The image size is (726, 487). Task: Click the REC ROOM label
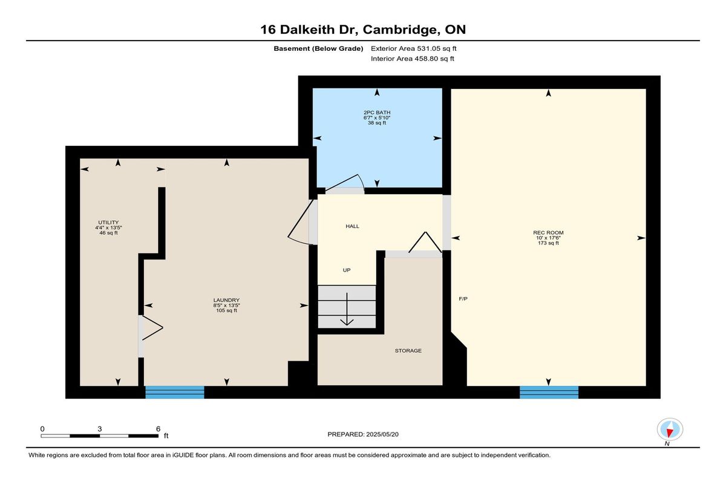coord(548,233)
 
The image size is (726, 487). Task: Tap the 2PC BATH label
coord(377,113)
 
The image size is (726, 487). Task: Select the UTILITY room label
coord(108,223)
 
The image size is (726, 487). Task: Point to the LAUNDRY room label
coord(226,300)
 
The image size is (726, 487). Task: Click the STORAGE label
coord(408,351)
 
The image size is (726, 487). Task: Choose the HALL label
coord(352,226)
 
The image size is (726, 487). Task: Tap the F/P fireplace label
coord(463,299)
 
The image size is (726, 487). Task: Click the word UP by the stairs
coord(347,270)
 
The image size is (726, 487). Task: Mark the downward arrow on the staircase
coord(347,309)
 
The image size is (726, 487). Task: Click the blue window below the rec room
coord(549,392)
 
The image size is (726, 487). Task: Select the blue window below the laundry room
coord(175,392)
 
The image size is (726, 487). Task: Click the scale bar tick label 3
coord(99,429)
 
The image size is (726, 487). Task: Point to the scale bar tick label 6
coord(158,429)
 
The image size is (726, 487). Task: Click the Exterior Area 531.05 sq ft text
coord(414,48)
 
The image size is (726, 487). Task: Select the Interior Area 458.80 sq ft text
coord(412,59)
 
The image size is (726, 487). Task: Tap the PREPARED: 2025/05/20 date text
coord(363,434)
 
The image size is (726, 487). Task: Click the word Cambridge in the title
coord(400,30)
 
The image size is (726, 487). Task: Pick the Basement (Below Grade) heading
coord(318,48)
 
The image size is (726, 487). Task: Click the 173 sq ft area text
coord(548,243)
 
